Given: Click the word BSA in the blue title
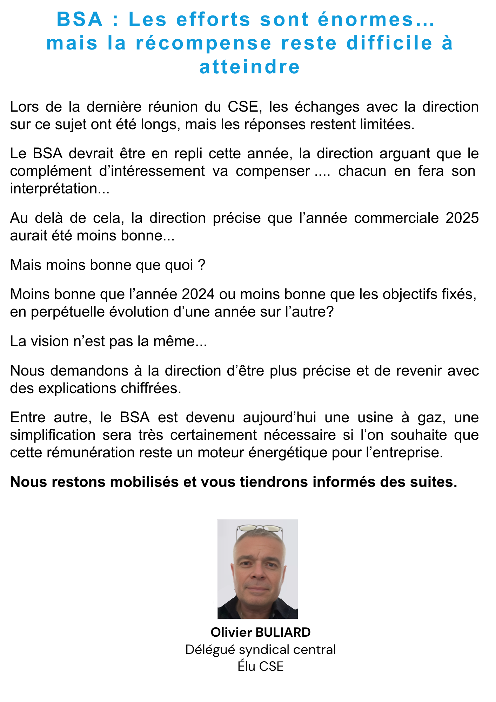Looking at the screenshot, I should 80,19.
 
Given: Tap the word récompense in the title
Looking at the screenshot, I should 204,43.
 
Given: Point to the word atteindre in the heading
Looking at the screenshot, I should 250,67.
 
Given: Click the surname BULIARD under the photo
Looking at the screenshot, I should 283,633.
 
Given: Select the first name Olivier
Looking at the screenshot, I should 232,633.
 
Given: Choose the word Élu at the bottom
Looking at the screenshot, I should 246,666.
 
